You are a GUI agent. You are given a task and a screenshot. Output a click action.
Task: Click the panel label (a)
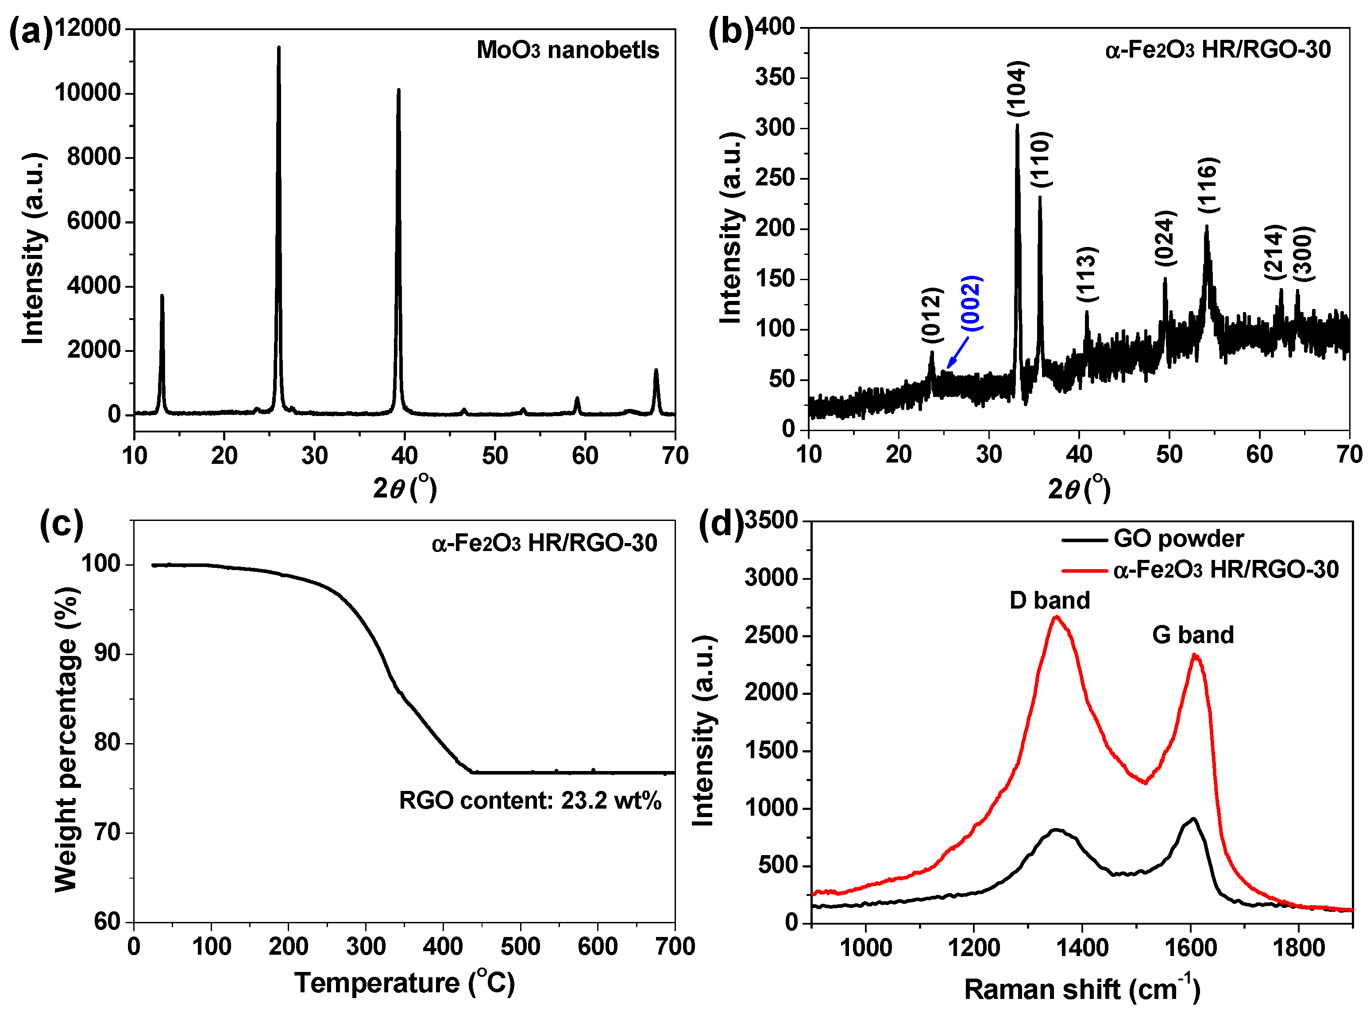point(31,32)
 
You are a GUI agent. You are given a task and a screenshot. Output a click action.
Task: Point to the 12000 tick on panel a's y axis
point(89,28)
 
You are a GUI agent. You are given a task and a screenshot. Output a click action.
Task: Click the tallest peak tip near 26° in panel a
point(279,47)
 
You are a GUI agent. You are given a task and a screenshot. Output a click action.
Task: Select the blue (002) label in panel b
point(972,303)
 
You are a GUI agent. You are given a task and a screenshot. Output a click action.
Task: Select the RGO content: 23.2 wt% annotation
point(530,800)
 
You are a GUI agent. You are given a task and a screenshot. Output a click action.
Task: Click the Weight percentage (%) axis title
point(66,740)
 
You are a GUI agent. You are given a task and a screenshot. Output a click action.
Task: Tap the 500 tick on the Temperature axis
point(521,946)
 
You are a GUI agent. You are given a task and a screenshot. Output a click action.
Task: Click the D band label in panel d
point(1050,600)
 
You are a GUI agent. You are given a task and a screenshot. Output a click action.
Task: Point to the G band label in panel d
point(1192,635)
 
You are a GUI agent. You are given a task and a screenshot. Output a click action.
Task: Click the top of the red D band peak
point(1056,617)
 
